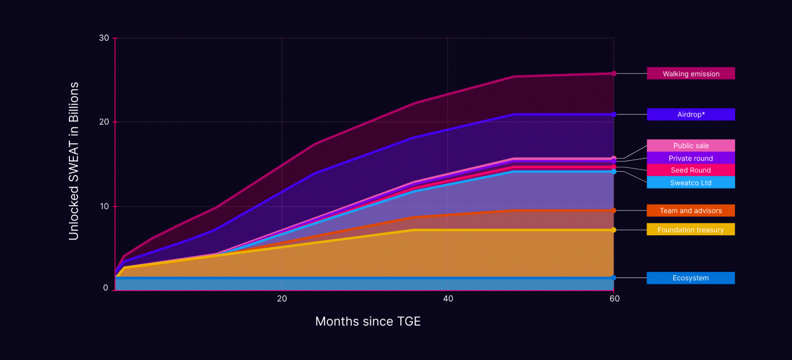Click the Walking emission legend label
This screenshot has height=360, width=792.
pyautogui.click(x=691, y=74)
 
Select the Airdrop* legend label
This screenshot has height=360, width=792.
pyautogui.click(x=691, y=114)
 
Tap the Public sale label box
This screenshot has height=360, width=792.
pyautogui.click(x=691, y=146)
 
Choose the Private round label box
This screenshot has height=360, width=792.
pyautogui.click(x=691, y=158)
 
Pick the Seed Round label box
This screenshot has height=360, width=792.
pyautogui.click(x=691, y=170)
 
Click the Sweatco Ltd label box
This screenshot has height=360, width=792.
pyautogui.click(x=691, y=183)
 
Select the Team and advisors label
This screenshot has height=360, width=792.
pyautogui.click(x=691, y=211)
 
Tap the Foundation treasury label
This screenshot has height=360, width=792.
pyautogui.click(x=691, y=230)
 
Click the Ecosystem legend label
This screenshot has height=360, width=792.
pyautogui.click(x=691, y=278)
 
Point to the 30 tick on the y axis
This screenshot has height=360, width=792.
pyautogui.click(x=104, y=38)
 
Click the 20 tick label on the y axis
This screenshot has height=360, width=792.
pyautogui.click(x=104, y=122)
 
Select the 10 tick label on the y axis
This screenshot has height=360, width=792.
pyautogui.click(x=104, y=206)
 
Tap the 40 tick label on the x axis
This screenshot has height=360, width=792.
pyautogui.click(x=448, y=299)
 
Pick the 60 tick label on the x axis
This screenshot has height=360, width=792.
pyautogui.click(x=614, y=299)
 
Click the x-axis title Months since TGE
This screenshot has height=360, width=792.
pyautogui.click(x=368, y=321)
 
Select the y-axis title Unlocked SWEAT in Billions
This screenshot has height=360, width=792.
pyautogui.click(x=74, y=161)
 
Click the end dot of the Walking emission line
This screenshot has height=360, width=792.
pyautogui.click(x=614, y=73)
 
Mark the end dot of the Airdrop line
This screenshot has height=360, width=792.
pyautogui.click(x=614, y=114)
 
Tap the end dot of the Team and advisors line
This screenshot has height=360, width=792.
pyautogui.click(x=614, y=211)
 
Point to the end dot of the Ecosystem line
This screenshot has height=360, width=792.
pyautogui.click(x=614, y=278)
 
